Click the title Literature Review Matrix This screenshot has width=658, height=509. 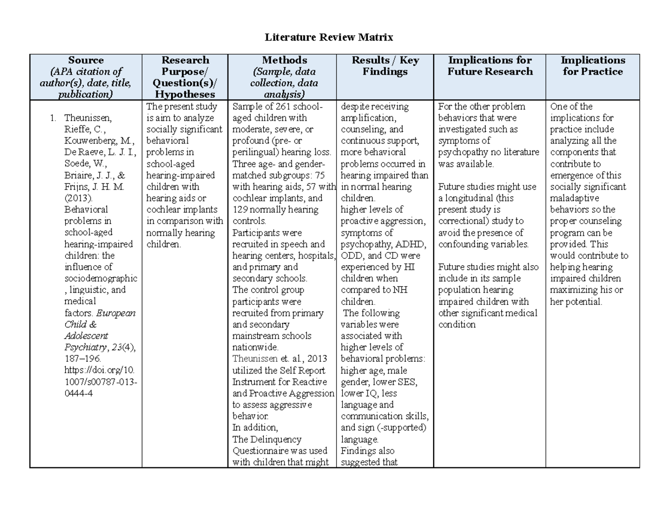(329, 37)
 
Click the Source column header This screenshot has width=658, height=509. (86, 60)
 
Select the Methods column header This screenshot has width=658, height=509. (284, 60)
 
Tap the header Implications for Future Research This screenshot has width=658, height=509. (490, 66)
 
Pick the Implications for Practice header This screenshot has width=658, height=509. (593, 66)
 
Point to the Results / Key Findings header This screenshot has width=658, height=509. (385, 66)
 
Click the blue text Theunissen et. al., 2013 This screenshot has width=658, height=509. (279, 359)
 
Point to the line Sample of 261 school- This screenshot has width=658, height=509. (277, 107)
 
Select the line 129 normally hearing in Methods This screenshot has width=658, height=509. (276, 210)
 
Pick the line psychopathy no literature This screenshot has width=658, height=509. (488, 152)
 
